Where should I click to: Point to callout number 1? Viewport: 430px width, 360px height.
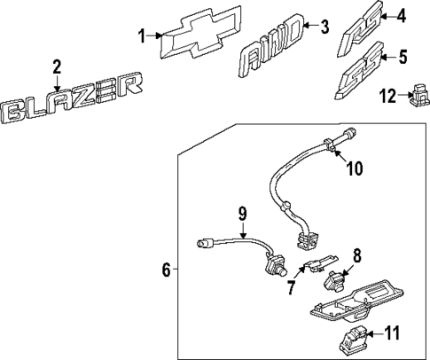141,36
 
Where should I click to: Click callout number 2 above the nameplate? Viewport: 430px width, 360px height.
57,67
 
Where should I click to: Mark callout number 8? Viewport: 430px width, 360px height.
356,256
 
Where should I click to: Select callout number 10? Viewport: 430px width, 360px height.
353,168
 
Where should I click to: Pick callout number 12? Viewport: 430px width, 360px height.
385,95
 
